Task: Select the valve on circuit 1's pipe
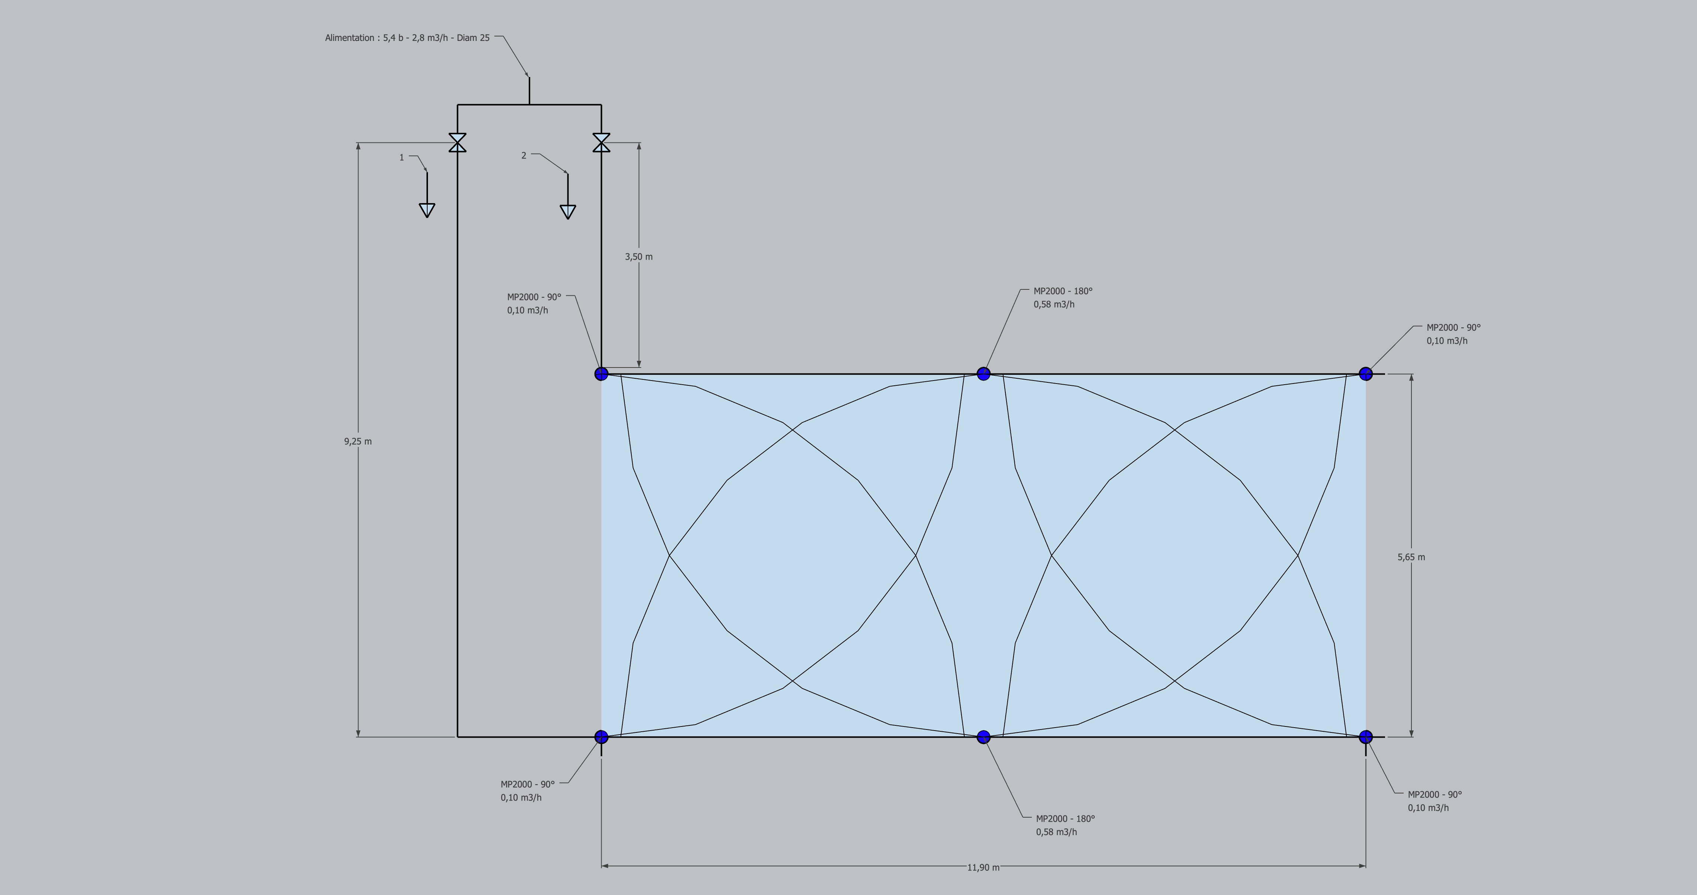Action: tap(458, 142)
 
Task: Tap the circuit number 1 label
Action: tap(402, 157)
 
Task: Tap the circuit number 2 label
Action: tap(524, 155)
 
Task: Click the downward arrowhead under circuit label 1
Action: tap(427, 210)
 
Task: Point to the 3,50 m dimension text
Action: tap(638, 256)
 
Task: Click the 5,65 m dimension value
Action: tap(1411, 557)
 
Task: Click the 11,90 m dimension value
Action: tap(983, 867)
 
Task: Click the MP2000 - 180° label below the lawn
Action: tap(1065, 818)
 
